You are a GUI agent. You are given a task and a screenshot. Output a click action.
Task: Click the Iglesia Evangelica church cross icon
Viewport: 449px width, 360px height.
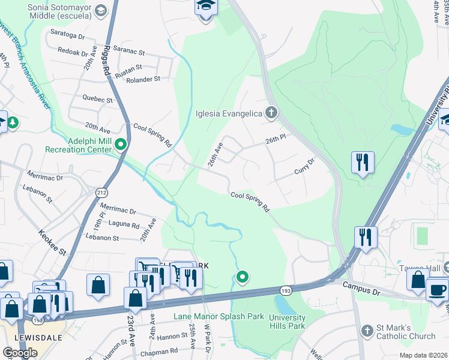[271, 113]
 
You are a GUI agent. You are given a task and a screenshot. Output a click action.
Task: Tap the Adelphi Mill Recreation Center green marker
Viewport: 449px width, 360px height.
[121, 144]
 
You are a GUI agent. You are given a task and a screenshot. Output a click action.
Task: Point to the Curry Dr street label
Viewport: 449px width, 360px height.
[305, 166]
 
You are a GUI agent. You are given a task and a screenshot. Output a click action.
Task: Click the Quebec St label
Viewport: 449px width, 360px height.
[98, 99]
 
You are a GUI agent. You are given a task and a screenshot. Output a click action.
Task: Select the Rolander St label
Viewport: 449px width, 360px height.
[143, 79]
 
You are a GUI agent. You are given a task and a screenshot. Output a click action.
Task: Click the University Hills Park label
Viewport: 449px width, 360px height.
[287, 322]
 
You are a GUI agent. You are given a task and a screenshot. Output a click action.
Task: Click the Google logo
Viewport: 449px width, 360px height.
[20, 353]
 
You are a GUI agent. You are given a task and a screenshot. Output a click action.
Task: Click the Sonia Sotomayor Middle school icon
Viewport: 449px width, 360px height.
[101, 11]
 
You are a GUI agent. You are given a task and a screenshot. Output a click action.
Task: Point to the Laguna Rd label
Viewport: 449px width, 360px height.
[124, 225]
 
